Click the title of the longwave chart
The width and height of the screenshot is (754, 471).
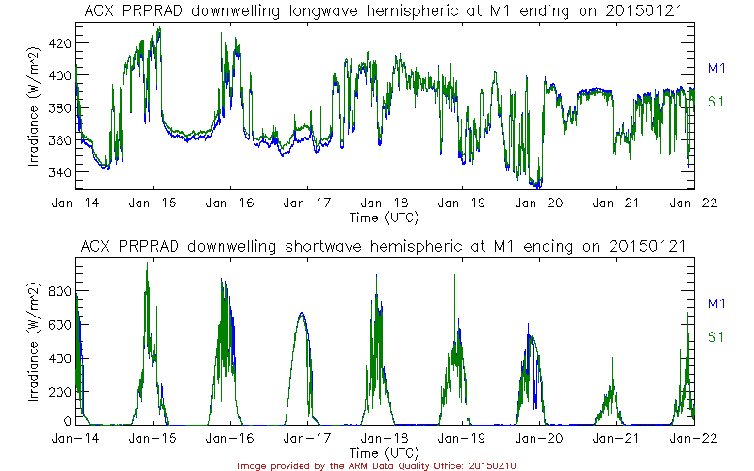click(385, 10)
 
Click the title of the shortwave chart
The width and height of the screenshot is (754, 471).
click(385, 247)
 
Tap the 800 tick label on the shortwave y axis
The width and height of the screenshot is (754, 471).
click(58, 291)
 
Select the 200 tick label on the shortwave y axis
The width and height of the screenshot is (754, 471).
click(58, 390)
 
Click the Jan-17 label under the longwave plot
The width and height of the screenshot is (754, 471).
click(307, 203)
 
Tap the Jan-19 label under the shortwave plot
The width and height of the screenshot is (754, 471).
click(462, 438)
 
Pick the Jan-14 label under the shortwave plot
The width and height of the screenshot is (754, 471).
click(75, 438)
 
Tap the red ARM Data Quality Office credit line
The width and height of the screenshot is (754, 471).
click(376, 465)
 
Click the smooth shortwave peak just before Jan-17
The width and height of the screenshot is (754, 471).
click(302, 314)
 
